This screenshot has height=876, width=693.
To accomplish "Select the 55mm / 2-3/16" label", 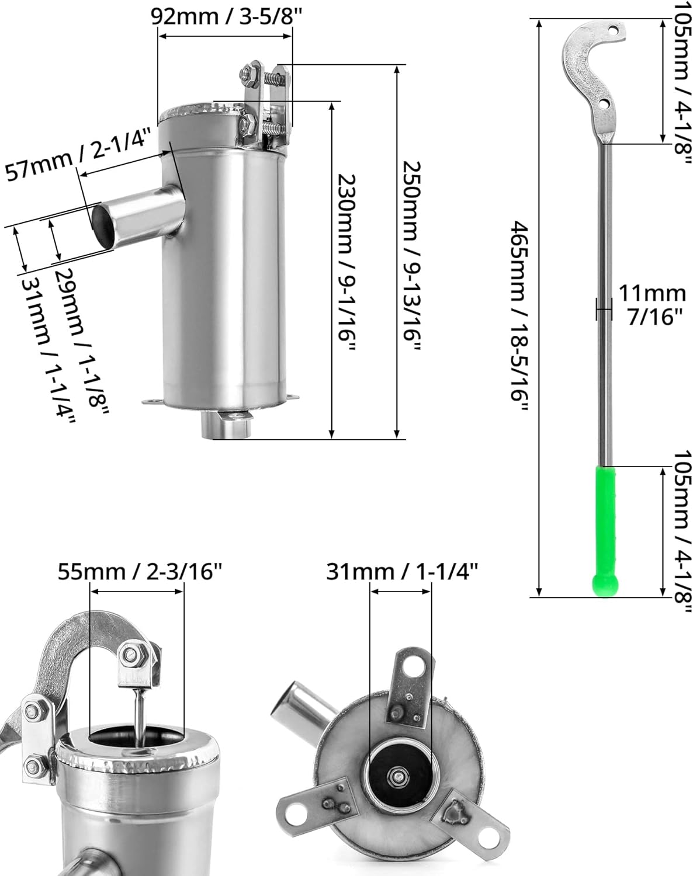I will (140, 571).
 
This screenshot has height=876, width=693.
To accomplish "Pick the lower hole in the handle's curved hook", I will (604, 105).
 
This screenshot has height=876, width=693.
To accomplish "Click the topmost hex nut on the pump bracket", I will (246, 74).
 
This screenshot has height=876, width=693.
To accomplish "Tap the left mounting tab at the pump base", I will (153, 401).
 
